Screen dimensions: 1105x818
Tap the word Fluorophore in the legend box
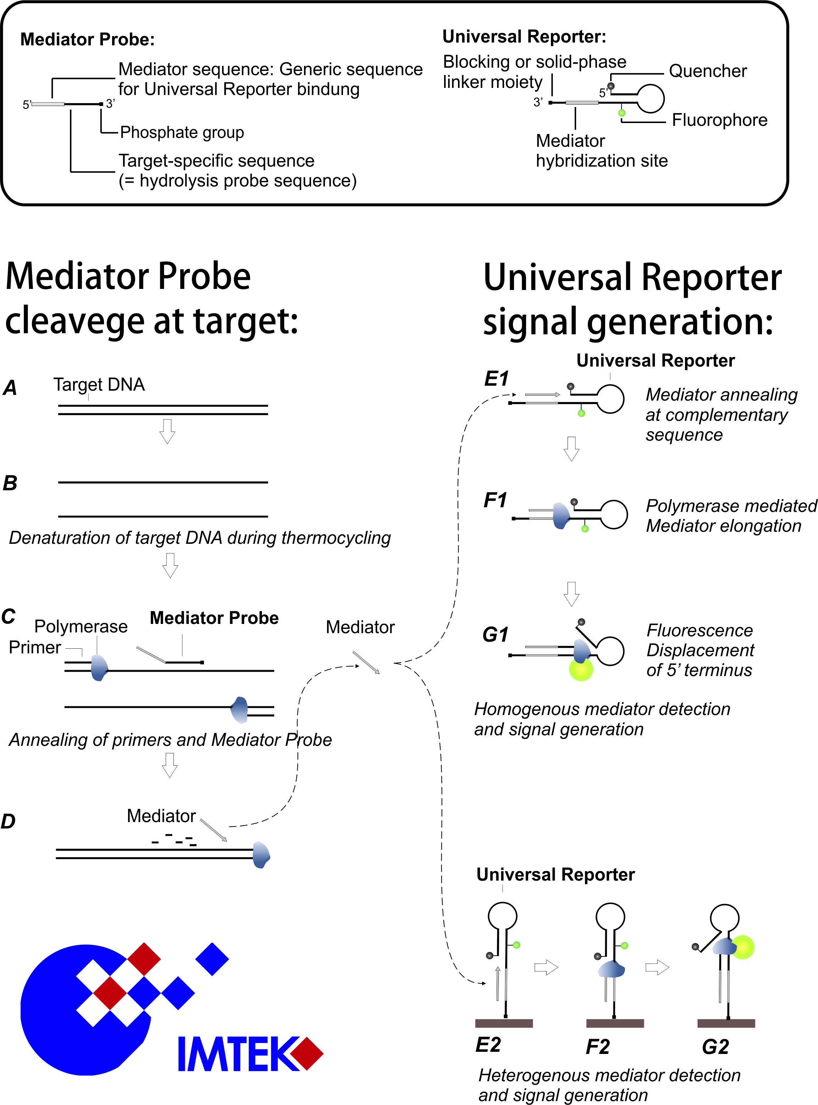pyautogui.click(x=719, y=120)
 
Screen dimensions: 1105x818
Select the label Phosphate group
pyautogui.click(x=182, y=133)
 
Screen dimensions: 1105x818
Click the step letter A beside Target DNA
pyautogui.click(x=10, y=388)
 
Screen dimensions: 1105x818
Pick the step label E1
pyautogui.click(x=496, y=379)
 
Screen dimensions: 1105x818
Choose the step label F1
pyautogui.click(x=495, y=500)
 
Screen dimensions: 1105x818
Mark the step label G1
pyautogui.click(x=495, y=635)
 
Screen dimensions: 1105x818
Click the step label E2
pyautogui.click(x=488, y=1045)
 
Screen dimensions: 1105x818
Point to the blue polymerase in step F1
pyautogui.click(x=561, y=516)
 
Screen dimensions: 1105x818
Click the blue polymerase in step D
pyautogui.click(x=261, y=855)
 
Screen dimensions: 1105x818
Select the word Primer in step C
pyautogui.click(x=35, y=648)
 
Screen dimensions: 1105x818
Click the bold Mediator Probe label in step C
pyautogui.click(x=214, y=618)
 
